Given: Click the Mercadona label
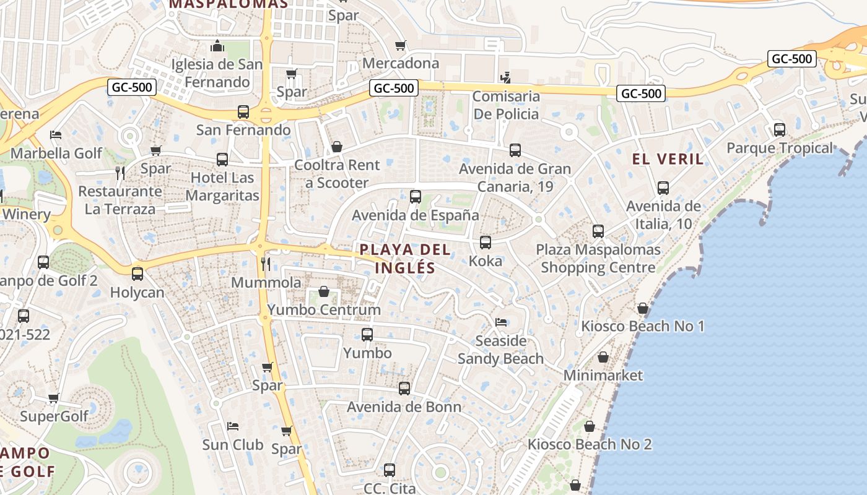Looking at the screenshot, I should coord(400,63).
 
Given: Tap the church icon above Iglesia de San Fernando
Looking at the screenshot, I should coord(217,46).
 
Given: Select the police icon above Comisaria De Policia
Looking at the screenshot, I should coord(506,78).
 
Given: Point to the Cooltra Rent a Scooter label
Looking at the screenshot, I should coord(337,174).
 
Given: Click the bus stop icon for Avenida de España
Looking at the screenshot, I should coord(416,197).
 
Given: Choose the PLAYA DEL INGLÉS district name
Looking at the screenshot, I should coord(405,259).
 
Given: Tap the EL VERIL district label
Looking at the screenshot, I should coord(668,159).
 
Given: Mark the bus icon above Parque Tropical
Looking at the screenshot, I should coord(779,130).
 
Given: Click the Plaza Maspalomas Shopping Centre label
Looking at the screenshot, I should coord(598,259).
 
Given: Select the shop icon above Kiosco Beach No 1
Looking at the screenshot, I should coord(643,308).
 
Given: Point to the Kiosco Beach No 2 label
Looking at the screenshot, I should coord(589,444).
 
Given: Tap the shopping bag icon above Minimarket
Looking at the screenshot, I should coord(603,357).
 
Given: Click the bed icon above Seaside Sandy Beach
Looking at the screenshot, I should coord(501,322).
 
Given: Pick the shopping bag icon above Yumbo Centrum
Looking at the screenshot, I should coord(324,291).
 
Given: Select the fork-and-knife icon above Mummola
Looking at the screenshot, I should coord(266,264).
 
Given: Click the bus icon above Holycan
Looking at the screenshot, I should coord(137,273).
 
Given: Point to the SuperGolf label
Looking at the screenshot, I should coord(54,416).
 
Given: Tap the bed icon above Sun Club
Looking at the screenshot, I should coord(233,426).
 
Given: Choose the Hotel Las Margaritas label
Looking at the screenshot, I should coord(222,187).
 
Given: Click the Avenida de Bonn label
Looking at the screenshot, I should coord(404,407).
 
